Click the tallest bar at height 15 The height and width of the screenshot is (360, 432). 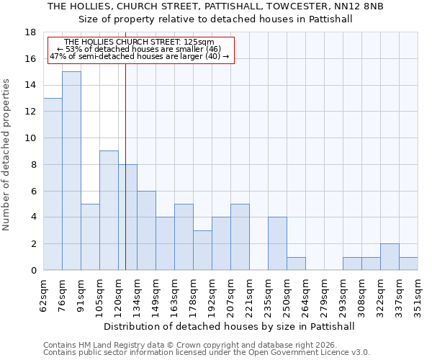click(71, 171)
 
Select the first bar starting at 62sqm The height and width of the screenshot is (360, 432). click(53, 184)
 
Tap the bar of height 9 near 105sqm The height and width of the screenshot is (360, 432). click(109, 210)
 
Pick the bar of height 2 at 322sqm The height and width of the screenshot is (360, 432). click(390, 257)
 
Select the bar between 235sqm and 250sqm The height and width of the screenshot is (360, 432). click(277, 243)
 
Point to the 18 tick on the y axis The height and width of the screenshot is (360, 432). click(30, 32)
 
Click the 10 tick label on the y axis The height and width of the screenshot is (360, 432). click(30, 138)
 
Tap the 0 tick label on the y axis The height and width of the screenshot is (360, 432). click(33, 271)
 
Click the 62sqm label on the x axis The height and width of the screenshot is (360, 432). click(44, 294)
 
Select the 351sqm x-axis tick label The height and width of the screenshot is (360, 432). click(418, 296)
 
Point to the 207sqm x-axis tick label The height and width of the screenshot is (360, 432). click(231, 296)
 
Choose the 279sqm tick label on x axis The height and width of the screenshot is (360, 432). click(325, 296)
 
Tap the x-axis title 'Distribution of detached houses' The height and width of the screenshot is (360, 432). click(230, 326)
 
